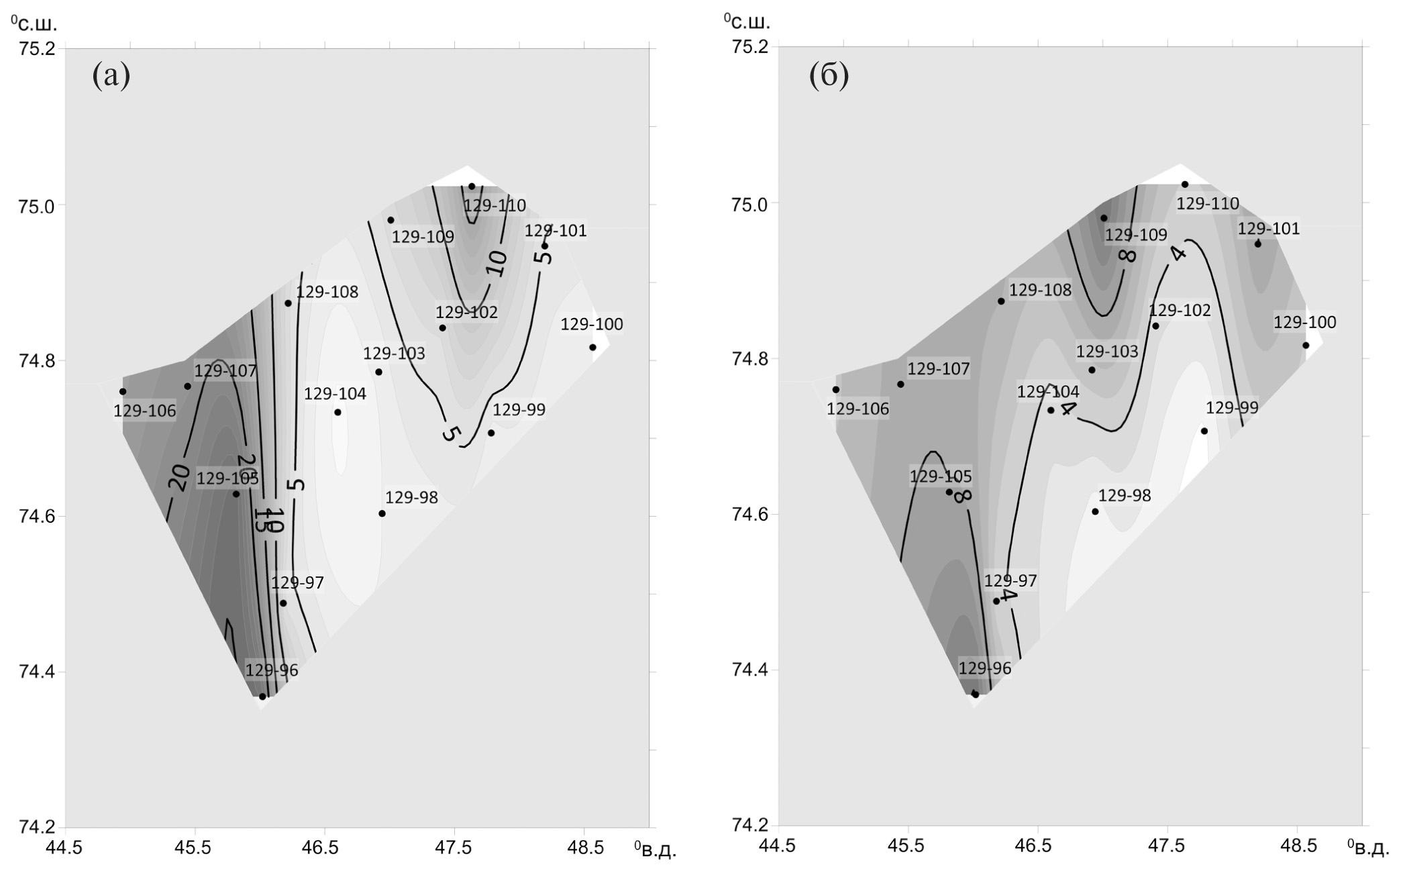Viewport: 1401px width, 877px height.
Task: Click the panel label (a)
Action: pyautogui.click(x=111, y=76)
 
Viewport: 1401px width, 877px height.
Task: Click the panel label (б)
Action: pyautogui.click(x=829, y=76)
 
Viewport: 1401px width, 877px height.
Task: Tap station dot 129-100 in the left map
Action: pyautogui.click(x=592, y=347)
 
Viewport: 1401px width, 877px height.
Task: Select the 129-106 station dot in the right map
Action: pyautogui.click(x=835, y=389)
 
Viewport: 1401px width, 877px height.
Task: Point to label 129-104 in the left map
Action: pyautogui.click(x=335, y=394)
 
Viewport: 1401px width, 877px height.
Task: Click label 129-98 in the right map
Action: pyautogui.click(x=1125, y=496)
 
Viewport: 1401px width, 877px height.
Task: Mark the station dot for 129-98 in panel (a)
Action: pyautogui.click(x=382, y=513)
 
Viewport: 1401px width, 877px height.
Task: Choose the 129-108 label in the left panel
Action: pyautogui.click(x=327, y=293)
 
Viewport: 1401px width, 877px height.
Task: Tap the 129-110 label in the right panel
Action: pyautogui.click(x=1208, y=203)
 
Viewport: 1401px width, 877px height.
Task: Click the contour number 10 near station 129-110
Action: pyautogui.click(x=497, y=262)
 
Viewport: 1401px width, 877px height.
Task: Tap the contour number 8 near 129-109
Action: pyautogui.click(x=1126, y=256)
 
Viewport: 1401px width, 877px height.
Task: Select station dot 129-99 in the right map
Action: pyautogui.click(x=1204, y=431)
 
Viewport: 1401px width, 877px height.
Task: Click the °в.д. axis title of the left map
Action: pyautogui.click(x=655, y=849)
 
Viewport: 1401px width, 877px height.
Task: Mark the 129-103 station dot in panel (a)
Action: pyautogui.click(x=378, y=372)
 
